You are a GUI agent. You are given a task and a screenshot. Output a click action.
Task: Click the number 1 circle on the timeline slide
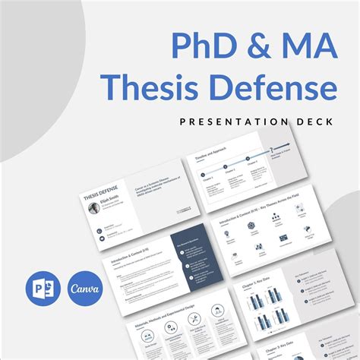(x=204, y=174)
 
